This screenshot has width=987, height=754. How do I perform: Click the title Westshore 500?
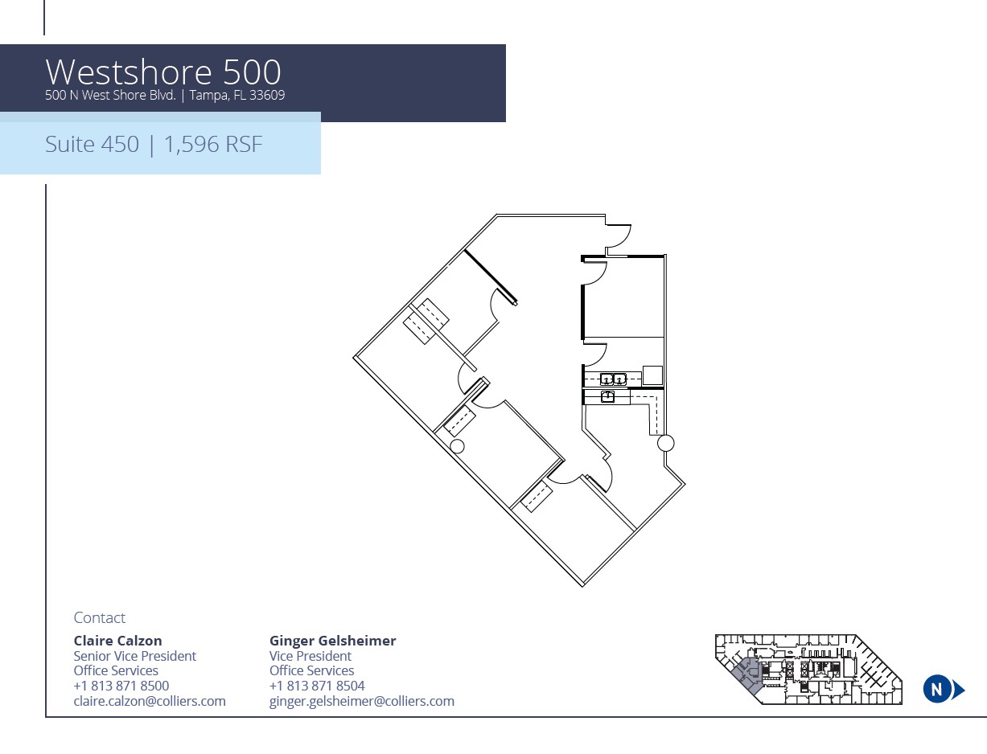[163, 72]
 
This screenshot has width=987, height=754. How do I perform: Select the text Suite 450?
[93, 144]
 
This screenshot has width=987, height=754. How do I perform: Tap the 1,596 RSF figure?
[213, 144]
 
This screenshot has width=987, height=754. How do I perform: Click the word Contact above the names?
[100, 617]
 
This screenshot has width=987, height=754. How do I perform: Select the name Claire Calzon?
[117, 641]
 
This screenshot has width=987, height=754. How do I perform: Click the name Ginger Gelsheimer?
[333, 641]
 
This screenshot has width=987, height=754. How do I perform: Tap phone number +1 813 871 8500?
[121, 686]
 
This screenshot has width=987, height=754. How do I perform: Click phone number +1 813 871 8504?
[317, 686]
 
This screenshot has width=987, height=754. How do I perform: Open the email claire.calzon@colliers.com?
[150, 701]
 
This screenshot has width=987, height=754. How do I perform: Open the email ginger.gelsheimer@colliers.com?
[362, 701]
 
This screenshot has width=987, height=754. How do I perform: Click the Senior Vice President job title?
[135, 656]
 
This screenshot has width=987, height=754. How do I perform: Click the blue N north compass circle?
[936, 689]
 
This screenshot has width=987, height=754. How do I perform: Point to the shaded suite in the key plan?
[746, 674]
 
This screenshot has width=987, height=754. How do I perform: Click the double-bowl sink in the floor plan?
[613, 379]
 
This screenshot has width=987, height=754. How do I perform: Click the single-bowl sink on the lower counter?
[608, 397]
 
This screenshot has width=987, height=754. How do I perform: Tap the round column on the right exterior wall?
[665, 443]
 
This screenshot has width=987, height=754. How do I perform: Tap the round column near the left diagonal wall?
[458, 447]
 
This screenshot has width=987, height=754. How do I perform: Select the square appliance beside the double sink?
[652, 375]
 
